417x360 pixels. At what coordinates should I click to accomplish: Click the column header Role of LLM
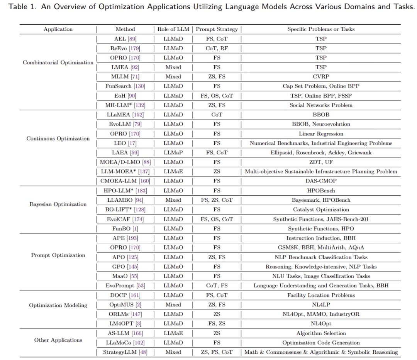pyautogui.click(x=173, y=29)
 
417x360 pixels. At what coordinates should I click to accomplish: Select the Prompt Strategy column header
pyautogui.click(x=217, y=29)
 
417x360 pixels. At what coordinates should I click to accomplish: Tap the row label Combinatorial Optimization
pyautogui.click(x=58, y=63)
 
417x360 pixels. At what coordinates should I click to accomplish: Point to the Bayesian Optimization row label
pyautogui.click(x=58, y=204)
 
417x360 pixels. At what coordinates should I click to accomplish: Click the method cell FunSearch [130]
pyautogui.click(x=125, y=86)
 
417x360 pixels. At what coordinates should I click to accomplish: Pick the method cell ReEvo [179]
pyautogui.click(x=125, y=48)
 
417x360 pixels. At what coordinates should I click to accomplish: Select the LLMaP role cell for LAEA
pyautogui.click(x=173, y=153)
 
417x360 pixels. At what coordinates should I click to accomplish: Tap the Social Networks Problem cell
pyautogui.click(x=321, y=105)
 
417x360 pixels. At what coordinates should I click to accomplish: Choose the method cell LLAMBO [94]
pyautogui.click(x=125, y=200)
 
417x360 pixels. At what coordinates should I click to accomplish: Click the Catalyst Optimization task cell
pyautogui.click(x=321, y=210)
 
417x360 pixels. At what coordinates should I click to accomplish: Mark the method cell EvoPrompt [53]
pyautogui.click(x=125, y=286)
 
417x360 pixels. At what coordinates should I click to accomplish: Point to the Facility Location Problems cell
pyautogui.click(x=321, y=295)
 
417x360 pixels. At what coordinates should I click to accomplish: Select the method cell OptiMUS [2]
pyautogui.click(x=125, y=305)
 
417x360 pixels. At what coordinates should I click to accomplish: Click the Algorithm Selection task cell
pyautogui.click(x=321, y=333)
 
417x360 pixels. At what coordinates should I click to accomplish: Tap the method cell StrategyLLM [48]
pyautogui.click(x=125, y=352)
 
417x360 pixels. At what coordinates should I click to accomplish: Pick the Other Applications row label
pyautogui.click(x=58, y=340)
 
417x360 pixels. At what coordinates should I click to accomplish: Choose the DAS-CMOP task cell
pyautogui.click(x=321, y=181)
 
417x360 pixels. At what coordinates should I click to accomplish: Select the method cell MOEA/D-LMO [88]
pyautogui.click(x=125, y=162)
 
